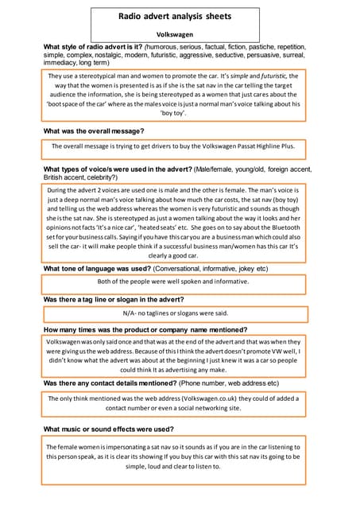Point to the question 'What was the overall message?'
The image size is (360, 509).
[x=94, y=130]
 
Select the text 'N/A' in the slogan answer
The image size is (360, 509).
[x=132, y=313]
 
